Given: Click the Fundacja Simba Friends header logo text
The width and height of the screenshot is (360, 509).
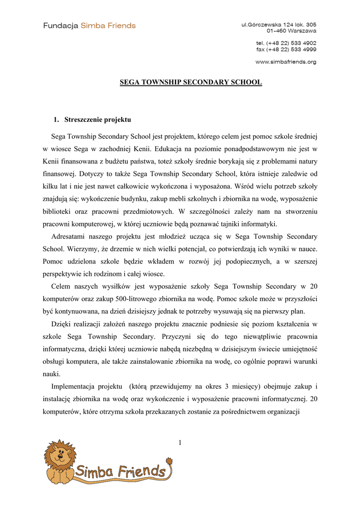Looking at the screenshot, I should pos(89,25).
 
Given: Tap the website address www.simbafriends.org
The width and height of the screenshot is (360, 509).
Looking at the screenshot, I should pos(286,62).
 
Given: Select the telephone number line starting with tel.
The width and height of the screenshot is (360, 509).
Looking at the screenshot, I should pos(286,43).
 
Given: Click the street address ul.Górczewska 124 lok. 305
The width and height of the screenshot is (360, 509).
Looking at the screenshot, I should pos(279,24).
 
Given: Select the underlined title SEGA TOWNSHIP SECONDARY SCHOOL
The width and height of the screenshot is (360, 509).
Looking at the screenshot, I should pos(191,82).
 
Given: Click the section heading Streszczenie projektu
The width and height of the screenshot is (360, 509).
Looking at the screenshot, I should pos(97,120).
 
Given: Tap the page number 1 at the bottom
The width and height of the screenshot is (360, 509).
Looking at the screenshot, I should pos(180,443).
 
